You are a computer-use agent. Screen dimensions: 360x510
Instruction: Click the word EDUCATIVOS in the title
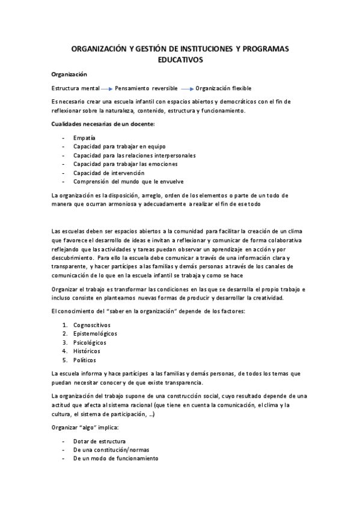click(180, 60)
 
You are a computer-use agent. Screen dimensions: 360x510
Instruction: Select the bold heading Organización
click(69, 75)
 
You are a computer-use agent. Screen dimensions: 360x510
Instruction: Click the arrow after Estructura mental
click(106, 88)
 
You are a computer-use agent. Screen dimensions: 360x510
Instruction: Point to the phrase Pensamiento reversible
click(146, 88)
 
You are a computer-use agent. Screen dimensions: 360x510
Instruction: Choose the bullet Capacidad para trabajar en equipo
click(119, 146)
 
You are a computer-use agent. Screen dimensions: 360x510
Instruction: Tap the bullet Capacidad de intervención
click(109, 173)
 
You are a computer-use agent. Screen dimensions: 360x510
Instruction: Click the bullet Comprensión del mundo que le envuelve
click(129, 182)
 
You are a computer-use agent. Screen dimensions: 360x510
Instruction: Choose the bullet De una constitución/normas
click(111, 449)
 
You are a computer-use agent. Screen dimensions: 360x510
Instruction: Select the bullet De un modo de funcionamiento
click(115, 458)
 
